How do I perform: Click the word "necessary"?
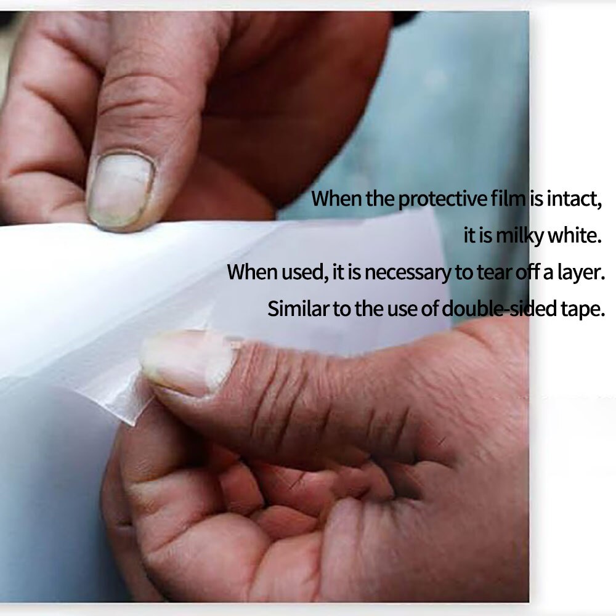408,272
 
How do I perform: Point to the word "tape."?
583,309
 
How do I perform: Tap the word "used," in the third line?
305,272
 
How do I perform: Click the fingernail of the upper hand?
120,189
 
